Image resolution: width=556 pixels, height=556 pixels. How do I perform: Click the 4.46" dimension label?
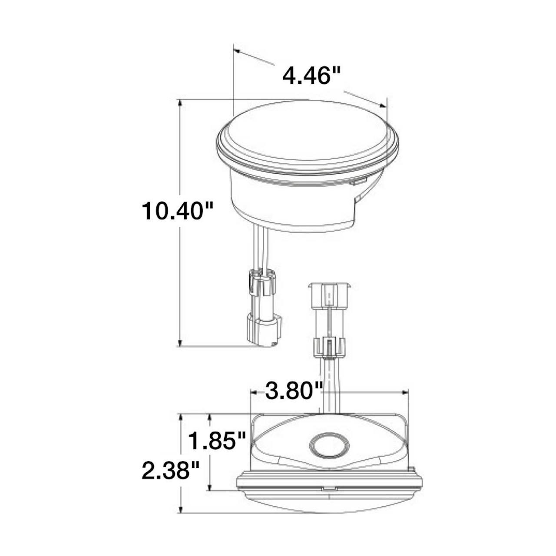[311, 75]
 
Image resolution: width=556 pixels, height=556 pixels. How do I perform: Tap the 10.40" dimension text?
[177, 211]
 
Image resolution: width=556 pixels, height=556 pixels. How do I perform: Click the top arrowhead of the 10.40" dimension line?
[180, 103]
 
